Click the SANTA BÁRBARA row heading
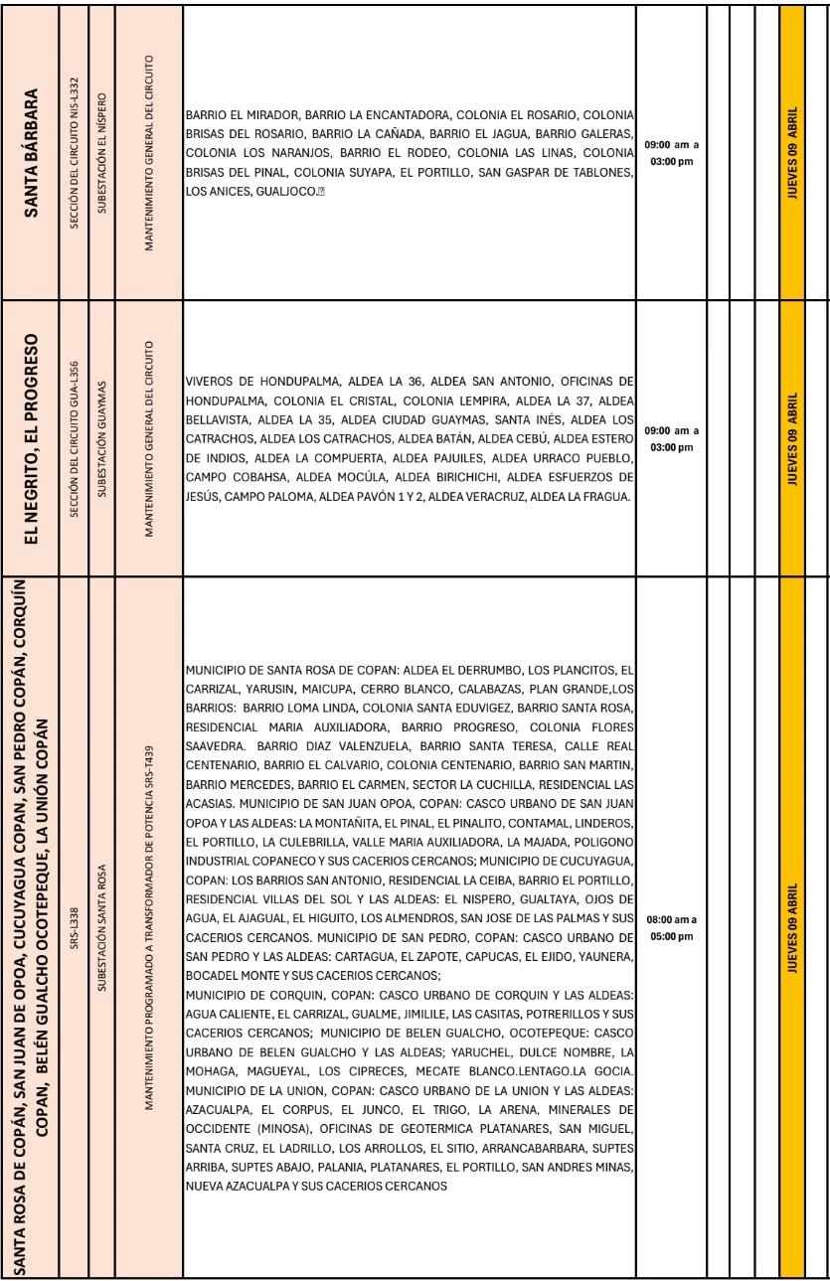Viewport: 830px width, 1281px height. click(x=33, y=146)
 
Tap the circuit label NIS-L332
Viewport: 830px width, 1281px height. click(x=74, y=146)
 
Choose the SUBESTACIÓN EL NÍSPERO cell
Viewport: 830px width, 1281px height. click(x=101, y=146)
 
